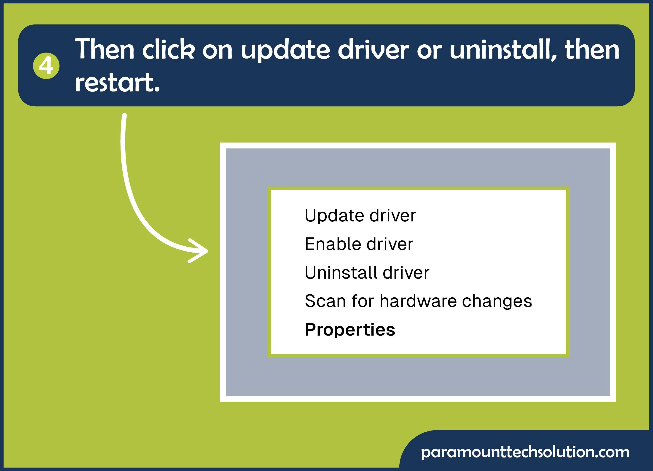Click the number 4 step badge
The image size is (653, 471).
click(46, 66)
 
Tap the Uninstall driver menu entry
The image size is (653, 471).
click(367, 272)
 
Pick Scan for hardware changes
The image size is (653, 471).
click(418, 301)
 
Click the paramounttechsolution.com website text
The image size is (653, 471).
click(525, 452)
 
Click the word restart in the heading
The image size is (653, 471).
click(117, 83)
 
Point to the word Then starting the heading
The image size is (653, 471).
click(105, 49)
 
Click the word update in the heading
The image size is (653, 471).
click(285, 50)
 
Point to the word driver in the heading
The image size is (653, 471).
click(373, 49)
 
